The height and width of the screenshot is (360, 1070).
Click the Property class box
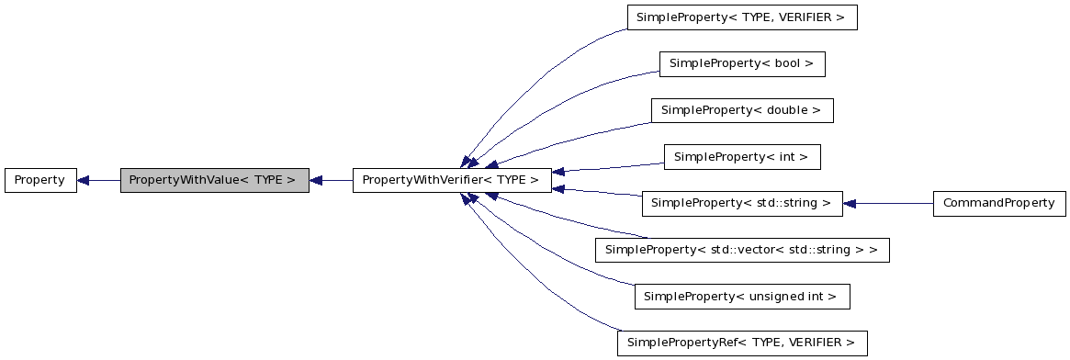point(39,180)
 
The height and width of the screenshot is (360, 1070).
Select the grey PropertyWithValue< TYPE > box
point(214,180)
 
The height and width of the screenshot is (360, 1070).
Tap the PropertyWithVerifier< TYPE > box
point(451,180)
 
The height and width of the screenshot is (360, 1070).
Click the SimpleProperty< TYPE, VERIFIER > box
point(741,17)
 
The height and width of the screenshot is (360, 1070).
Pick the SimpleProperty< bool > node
point(741,63)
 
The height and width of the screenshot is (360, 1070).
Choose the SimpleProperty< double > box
point(741,110)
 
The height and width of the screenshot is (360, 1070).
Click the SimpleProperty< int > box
point(741,157)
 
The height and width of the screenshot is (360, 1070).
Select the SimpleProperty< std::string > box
point(741,203)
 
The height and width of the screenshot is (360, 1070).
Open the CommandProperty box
point(998,203)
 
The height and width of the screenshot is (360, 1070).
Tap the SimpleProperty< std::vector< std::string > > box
point(741,250)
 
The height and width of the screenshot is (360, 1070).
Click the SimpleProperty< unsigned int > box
point(741,296)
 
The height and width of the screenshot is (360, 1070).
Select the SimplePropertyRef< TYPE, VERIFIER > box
point(741,343)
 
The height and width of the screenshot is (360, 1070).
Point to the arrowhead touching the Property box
point(84,180)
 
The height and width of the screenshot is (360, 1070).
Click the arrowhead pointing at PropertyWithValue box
point(316,180)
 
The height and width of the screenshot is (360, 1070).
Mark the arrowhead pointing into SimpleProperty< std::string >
point(850,203)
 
